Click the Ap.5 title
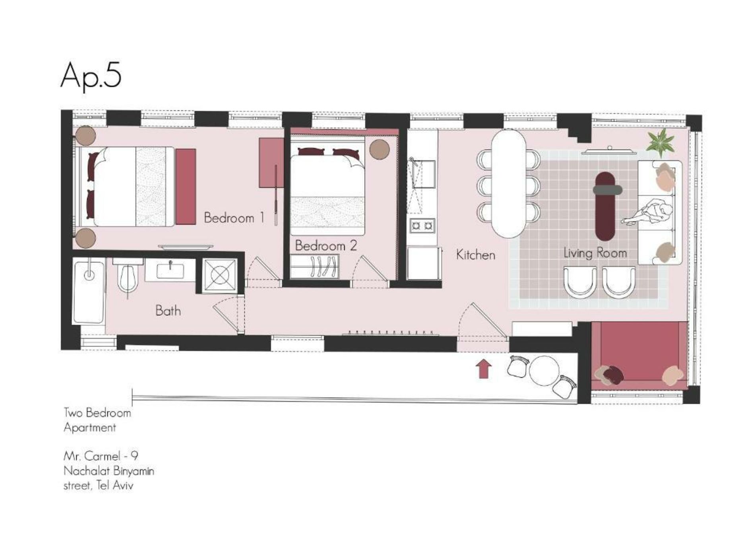click(91, 76)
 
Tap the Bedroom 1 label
click(234, 218)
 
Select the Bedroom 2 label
click(326, 245)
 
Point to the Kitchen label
click(475, 255)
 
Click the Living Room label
click(595, 253)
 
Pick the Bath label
click(168, 310)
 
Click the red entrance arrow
click(484, 369)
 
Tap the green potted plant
click(661, 142)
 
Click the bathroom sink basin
click(170, 271)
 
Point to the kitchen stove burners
click(422, 226)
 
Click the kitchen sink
click(423, 174)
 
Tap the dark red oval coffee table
click(605, 206)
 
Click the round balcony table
click(544, 370)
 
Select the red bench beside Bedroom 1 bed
click(186, 187)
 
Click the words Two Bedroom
click(97, 413)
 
